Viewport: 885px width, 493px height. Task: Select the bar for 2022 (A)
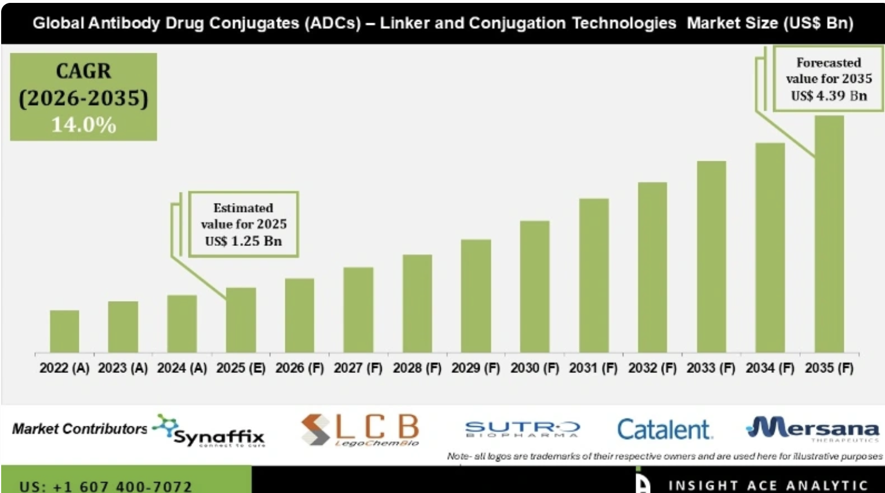click(64, 331)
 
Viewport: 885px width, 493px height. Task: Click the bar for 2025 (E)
click(241, 320)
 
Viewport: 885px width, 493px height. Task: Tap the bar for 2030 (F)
click(534, 287)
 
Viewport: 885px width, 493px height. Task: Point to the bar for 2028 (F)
click(417, 303)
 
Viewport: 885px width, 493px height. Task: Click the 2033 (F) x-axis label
click(710, 368)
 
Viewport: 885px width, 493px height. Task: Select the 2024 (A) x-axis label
click(182, 368)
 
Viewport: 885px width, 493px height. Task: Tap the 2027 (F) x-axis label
click(358, 368)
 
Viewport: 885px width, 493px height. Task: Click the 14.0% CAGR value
click(84, 125)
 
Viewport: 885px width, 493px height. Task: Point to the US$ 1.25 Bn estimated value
click(243, 241)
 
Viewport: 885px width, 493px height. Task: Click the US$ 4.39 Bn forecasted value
click(829, 96)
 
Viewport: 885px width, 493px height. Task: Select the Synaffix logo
click(210, 430)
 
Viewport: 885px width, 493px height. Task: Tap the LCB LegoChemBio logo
click(360, 430)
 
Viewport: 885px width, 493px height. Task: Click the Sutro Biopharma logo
click(522, 429)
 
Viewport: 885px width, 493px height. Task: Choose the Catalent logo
click(664, 430)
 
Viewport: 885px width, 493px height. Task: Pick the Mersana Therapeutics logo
click(813, 429)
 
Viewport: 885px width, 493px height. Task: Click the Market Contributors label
click(80, 429)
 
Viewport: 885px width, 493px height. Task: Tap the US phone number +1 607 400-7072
click(105, 486)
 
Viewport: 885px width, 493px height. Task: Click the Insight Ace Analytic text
click(767, 485)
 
